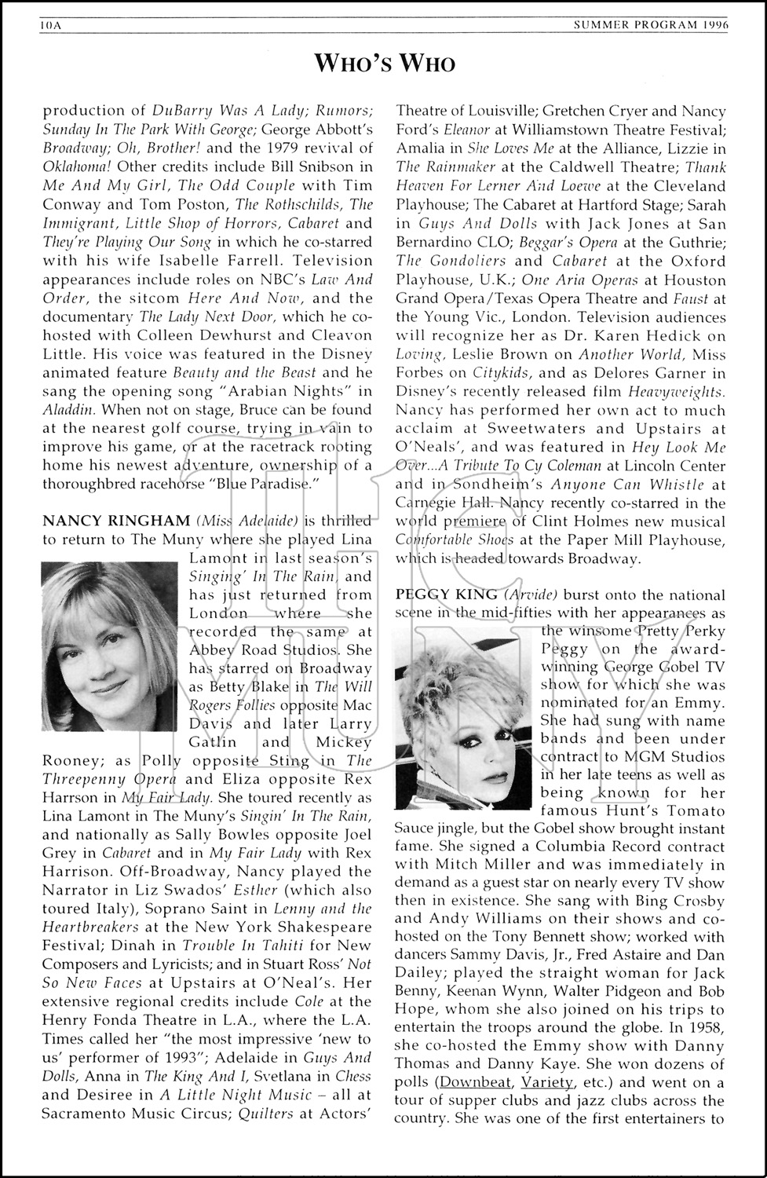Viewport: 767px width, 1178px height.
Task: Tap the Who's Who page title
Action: (x=385, y=63)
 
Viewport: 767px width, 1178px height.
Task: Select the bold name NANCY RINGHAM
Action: (x=116, y=521)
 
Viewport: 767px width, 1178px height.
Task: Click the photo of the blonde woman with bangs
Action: (x=109, y=646)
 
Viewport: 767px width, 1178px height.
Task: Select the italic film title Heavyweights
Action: (x=677, y=391)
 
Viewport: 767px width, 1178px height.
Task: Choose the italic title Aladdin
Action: (x=69, y=410)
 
